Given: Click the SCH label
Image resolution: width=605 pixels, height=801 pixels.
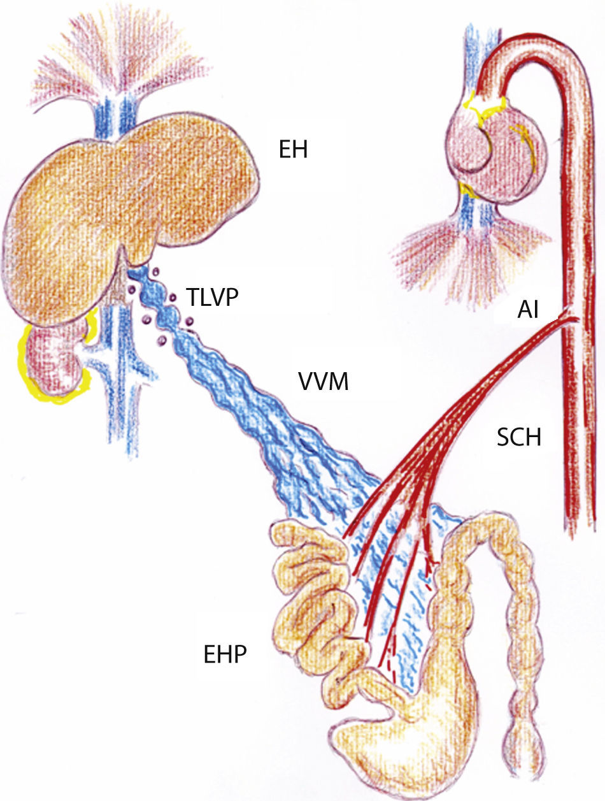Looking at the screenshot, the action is point(518,438).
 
